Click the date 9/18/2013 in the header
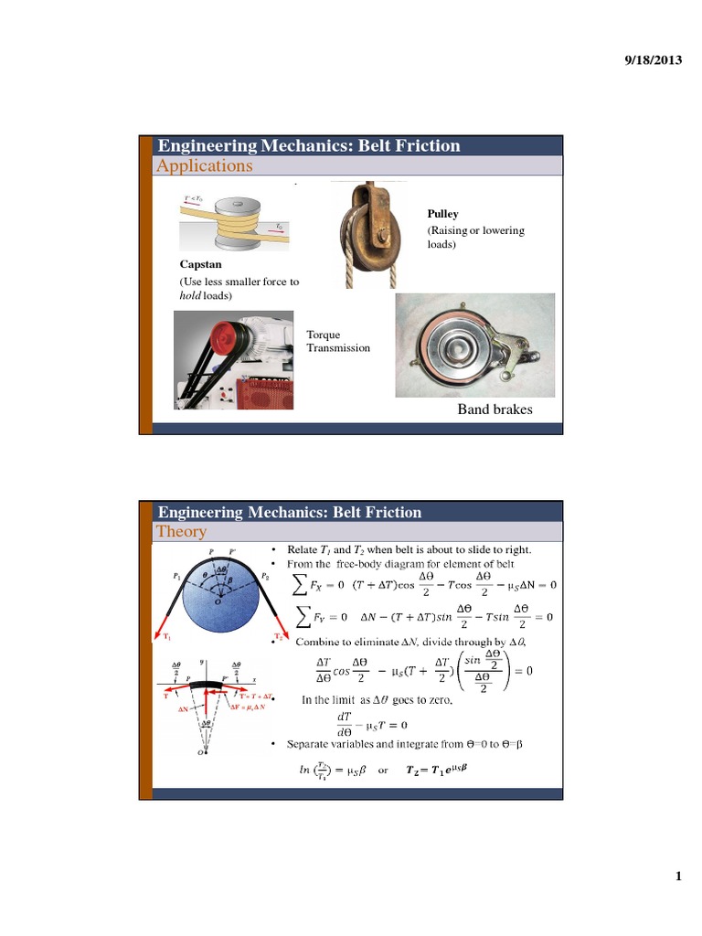653,59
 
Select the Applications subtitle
205,165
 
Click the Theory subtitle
182,531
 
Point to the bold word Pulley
442,214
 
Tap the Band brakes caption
495,409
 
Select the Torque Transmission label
338,342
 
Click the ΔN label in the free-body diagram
184,708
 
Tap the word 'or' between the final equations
384,770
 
